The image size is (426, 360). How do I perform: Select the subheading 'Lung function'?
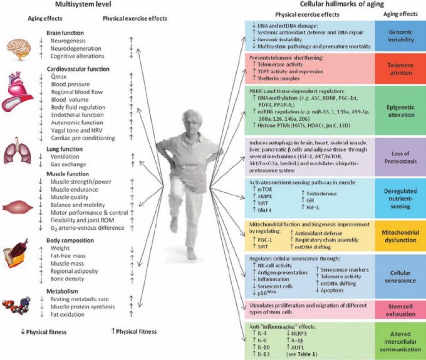point(65,148)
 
